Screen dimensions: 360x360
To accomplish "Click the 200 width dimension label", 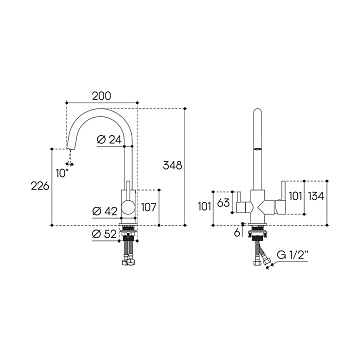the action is point(101,96).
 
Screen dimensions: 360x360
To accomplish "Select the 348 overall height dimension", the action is point(172,165).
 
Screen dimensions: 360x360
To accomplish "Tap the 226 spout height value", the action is point(40,186).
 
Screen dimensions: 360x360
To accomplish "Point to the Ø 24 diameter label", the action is point(109,140).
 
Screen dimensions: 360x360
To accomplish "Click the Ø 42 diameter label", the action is point(105,211).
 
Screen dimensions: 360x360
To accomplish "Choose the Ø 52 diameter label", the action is point(105,235).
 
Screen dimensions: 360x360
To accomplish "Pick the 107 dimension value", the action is point(148,207).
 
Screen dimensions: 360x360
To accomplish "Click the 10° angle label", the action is point(62,173).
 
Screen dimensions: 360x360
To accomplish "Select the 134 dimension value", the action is point(316,196).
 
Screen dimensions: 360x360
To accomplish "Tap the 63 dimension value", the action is point(223,202).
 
